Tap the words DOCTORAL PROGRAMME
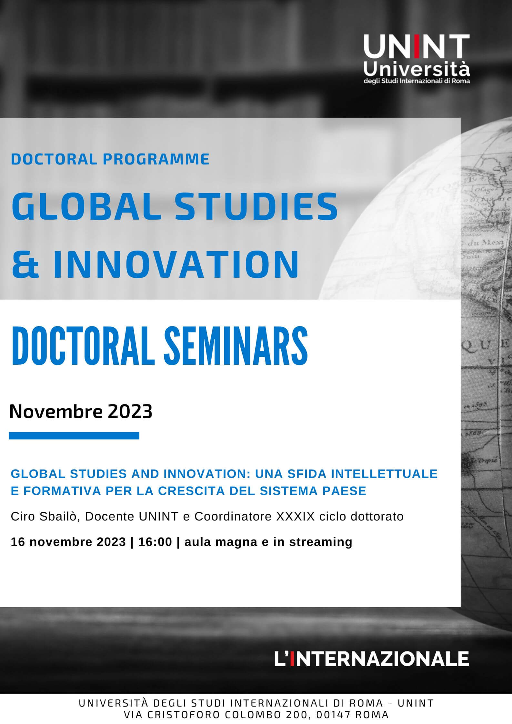(110, 159)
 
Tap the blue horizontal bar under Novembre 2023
(74, 436)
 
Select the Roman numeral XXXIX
(295, 516)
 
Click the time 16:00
(155, 542)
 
